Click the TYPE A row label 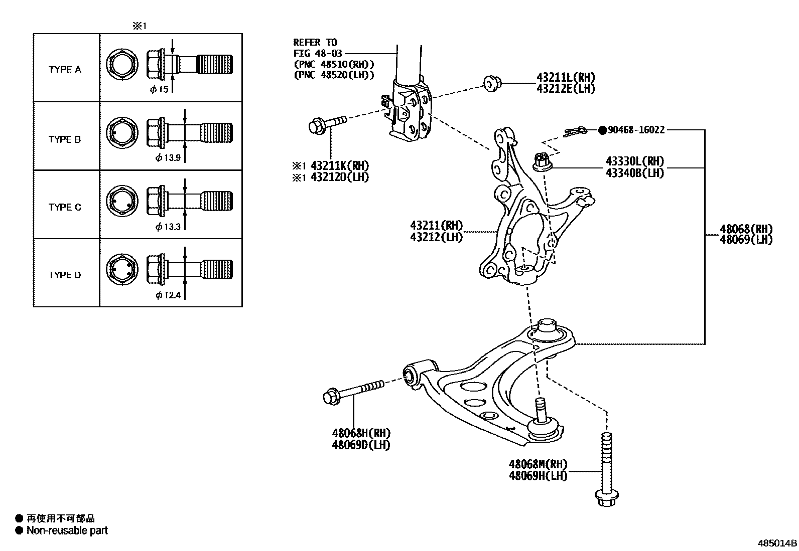pos(65,70)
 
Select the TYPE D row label pos(65,275)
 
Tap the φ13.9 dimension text pos(168,158)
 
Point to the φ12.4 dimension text pos(168,295)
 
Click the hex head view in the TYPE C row pos(122,201)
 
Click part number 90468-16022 pos(636,130)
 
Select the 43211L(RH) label pos(565,77)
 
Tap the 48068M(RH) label pos(538,465)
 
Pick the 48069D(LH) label pos(361,444)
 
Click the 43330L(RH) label pos(634,161)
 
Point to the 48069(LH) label pos(746,240)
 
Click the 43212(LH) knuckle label pos(437,237)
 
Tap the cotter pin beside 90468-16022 pos(574,132)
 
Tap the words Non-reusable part pos(67,530)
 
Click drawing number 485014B pos(777,543)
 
